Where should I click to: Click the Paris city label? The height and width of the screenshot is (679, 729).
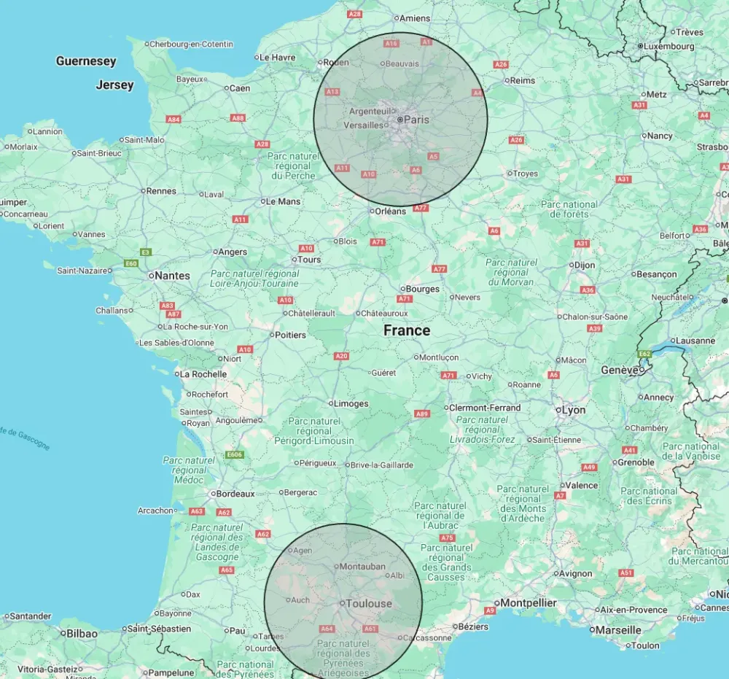416,119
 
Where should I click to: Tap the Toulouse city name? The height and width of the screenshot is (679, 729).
368,603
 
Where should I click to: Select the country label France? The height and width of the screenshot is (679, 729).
407,330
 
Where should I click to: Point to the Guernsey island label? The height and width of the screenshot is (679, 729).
86,61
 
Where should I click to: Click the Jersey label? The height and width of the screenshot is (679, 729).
115,85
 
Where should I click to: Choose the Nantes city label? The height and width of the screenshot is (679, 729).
173,276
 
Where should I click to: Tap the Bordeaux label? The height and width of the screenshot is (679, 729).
234,493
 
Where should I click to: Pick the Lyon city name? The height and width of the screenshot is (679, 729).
573,410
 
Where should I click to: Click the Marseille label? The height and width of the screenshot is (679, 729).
618,629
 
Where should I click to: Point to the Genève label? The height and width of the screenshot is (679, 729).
620,370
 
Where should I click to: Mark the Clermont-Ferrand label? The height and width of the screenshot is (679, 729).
485,408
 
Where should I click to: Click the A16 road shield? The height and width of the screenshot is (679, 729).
391,44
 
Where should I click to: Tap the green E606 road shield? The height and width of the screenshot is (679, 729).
234,455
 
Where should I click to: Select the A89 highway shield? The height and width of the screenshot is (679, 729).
421,414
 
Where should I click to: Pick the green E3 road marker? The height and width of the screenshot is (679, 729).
146,252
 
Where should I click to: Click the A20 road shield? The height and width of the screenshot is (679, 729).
341,356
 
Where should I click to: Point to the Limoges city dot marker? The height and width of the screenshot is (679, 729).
331,403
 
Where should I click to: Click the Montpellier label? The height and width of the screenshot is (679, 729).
529,602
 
